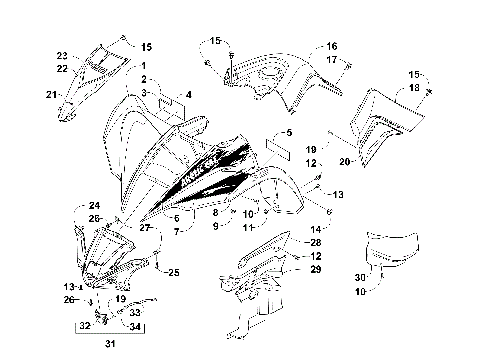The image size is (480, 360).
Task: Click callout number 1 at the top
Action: (x=144, y=65)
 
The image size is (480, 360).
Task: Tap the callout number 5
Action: (x=288, y=132)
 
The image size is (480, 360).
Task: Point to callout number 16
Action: (x=332, y=46)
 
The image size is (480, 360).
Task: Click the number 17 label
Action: (x=332, y=60)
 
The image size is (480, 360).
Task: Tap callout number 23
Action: (x=61, y=55)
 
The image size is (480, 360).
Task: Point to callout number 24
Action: (x=80, y=206)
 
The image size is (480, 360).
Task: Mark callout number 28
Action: (x=316, y=242)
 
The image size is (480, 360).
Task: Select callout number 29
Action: (x=316, y=269)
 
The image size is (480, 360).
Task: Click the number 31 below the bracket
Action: (x=109, y=346)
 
